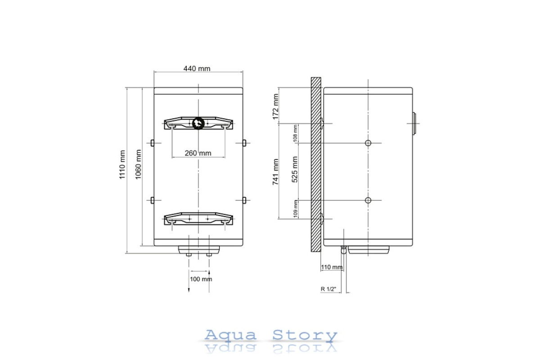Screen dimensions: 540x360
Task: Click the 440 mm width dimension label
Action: click(x=197, y=69)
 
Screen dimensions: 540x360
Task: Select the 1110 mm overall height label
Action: click(x=122, y=165)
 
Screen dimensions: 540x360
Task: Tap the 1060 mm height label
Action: click(x=138, y=164)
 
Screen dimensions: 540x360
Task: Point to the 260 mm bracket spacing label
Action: click(x=198, y=153)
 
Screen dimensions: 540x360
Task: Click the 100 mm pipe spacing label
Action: click(x=201, y=279)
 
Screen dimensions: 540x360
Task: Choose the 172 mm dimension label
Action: click(x=275, y=107)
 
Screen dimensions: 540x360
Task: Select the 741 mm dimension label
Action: click(x=275, y=172)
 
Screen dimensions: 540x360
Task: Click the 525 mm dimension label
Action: click(x=295, y=170)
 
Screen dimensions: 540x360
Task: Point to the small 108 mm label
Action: click(x=295, y=133)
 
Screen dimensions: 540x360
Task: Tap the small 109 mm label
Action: click(x=296, y=209)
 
